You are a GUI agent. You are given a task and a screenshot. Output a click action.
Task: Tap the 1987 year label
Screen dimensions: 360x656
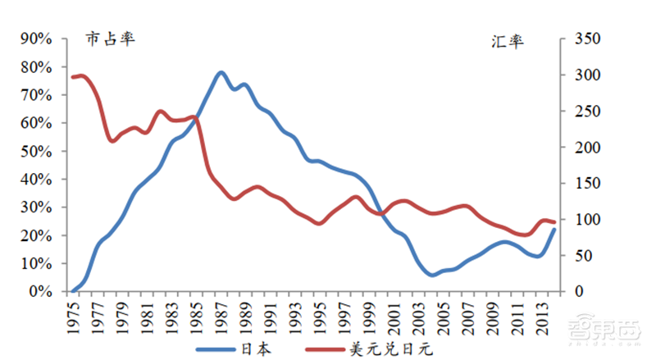coord(221,314)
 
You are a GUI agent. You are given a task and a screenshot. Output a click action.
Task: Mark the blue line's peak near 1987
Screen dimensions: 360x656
coord(221,72)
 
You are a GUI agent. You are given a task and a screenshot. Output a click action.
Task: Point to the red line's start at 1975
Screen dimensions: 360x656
coord(74,77)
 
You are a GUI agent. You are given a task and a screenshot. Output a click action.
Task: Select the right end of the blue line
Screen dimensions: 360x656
coord(553,230)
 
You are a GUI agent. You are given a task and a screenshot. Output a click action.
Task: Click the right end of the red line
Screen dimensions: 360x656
coord(553,222)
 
